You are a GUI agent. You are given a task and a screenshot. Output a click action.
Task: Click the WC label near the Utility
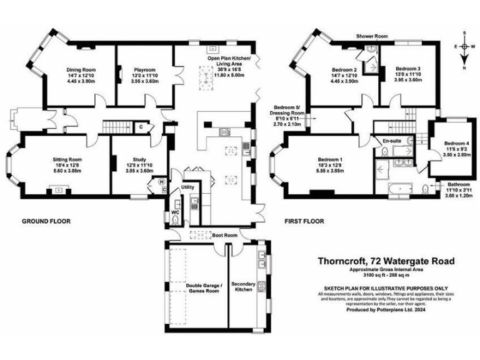[x=175, y=212]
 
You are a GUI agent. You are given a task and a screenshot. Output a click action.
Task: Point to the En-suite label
[x=392, y=141]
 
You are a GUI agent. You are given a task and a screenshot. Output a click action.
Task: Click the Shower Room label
[x=372, y=37]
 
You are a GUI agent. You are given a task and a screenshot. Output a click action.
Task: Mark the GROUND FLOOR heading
[x=46, y=221]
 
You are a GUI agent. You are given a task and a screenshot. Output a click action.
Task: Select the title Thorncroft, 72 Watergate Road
[x=382, y=261]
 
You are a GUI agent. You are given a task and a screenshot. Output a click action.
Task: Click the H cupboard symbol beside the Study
[x=162, y=182]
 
